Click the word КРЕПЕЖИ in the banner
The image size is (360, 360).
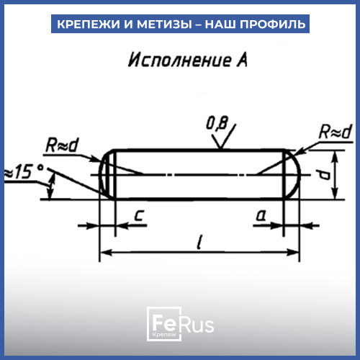coord(89,24)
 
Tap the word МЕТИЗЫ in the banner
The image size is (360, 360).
coord(164,24)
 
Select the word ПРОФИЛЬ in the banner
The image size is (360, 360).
coord(273,24)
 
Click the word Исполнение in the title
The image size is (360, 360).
coord(179,60)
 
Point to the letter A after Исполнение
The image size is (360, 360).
coord(242,60)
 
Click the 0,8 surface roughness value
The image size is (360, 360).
coord(217,124)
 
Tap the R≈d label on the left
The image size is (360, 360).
coord(62,145)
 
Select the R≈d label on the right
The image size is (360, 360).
coord(336,132)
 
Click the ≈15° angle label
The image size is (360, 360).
coord(24,172)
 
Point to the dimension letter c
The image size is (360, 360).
coord(139,215)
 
